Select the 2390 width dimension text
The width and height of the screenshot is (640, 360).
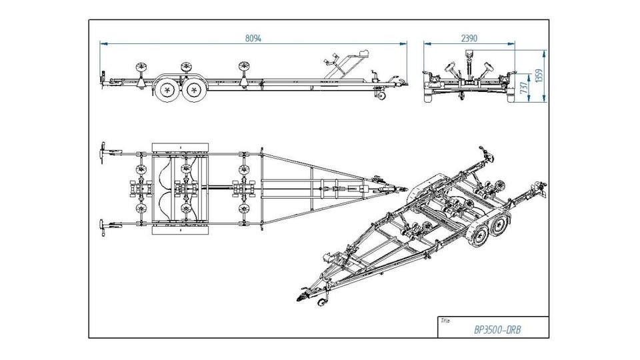(x=469, y=38)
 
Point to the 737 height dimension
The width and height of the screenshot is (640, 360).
(x=525, y=85)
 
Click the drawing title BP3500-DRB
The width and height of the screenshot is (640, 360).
(x=497, y=329)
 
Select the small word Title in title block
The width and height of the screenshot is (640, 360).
(x=445, y=321)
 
